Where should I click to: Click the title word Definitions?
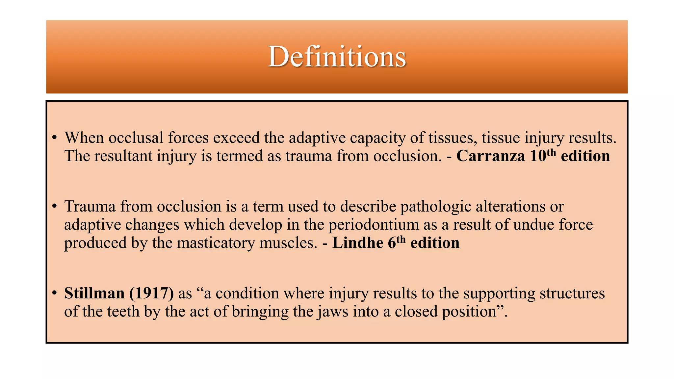337,57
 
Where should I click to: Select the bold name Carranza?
490,156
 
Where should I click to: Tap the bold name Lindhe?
357,243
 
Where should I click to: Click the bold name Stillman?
94,293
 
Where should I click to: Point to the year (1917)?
151,293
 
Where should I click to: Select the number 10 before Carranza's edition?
538,156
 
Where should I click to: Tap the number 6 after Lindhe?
392,243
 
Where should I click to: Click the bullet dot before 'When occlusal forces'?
55,138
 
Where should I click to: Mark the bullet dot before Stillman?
55,293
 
